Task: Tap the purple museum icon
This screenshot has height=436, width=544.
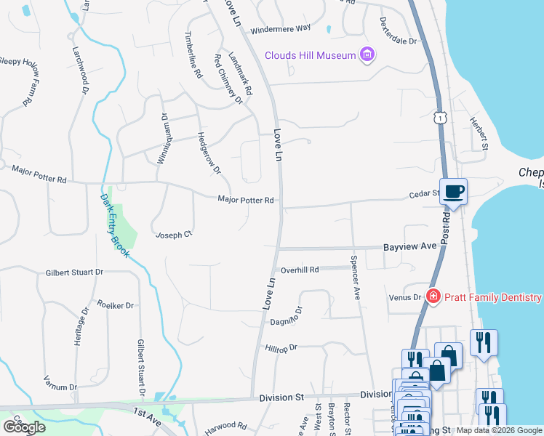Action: (x=367, y=55)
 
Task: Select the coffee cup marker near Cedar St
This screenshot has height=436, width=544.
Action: (x=453, y=193)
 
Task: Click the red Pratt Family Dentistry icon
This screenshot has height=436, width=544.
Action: (x=433, y=296)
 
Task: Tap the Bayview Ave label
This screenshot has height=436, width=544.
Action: (x=409, y=247)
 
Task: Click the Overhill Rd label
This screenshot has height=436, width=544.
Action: (x=300, y=270)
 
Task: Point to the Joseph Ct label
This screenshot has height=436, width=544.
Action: (x=173, y=235)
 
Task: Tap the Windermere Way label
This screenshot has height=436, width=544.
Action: (x=280, y=29)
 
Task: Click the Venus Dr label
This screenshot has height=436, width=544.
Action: (x=407, y=296)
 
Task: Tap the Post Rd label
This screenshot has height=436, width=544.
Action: (x=444, y=228)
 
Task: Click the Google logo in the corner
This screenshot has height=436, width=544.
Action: (x=25, y=427)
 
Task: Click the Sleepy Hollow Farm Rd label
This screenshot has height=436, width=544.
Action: (x=20, y=81)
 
